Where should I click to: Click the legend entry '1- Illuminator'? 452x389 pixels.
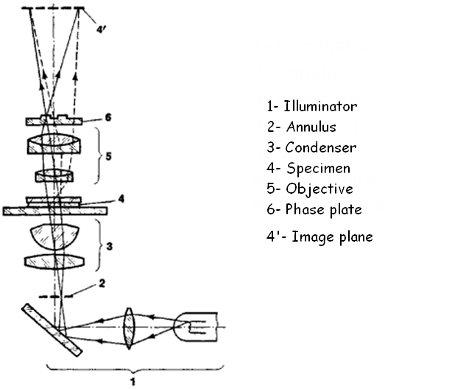tap(313, 106)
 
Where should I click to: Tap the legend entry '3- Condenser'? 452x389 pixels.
tap(312, 147)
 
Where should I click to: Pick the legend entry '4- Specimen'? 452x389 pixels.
tap(308, 168)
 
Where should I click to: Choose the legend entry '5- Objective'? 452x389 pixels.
tap(310, 189)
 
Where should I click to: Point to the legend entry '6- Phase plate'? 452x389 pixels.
tap(314, 209)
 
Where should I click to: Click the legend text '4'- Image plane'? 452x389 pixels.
tap(319, 236)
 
